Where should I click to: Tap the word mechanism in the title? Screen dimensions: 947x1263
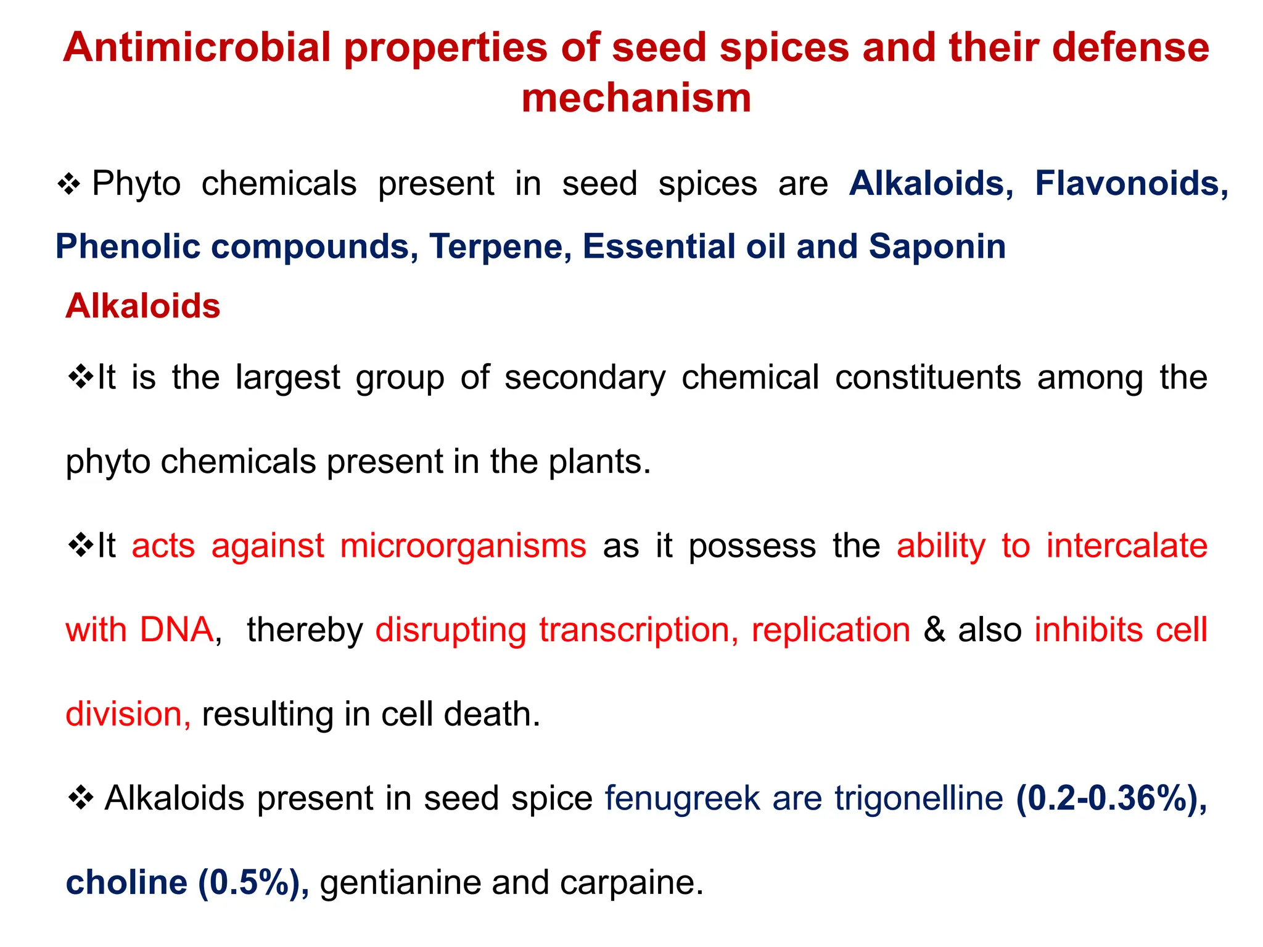pyautogui.click(x=636, y=99)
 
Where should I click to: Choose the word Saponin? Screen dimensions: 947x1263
pyautogui.click(x=937, y=247)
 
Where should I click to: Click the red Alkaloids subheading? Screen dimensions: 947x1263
pyautogui.click(x=143, y=306)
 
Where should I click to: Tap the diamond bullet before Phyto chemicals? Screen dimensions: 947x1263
pyautogui.click(x=69, y=184)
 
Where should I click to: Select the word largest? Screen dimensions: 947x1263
pyautogui.click(x=288, y=377)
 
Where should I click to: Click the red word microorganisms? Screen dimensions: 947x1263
pyautogui.click(x=463, y=546)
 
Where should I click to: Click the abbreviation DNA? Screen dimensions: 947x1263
pyautogui.click(x=176, y=630)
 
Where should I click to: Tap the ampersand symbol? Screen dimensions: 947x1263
pyautogui.click(x=934, y=630)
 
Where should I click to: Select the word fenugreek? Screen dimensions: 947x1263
pyautogui.click(x=682, y=798)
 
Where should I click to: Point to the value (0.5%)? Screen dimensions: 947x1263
pyautogui.click(x=253, y=883)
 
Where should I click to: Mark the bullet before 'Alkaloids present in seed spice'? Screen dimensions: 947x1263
pyautogui.click(x=80, y=798)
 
